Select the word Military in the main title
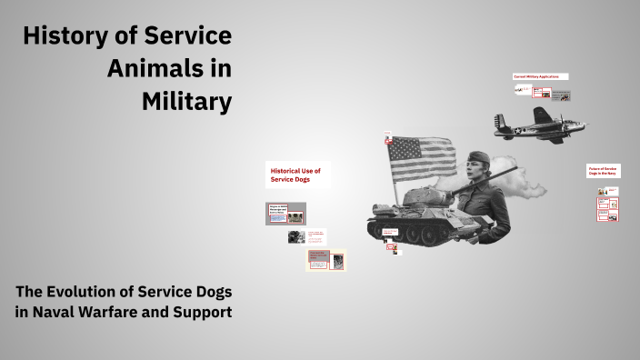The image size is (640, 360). click(x=186, y=102)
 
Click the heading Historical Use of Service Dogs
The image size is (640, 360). click(x=297, y=175)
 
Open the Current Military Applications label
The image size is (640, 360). click(x=541, y=77)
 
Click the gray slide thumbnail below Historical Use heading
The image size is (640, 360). click(x=285, y=214)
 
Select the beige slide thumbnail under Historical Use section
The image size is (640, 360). click(x=325, y=260)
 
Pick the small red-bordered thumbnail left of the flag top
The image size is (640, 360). click(x=388, y=140)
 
